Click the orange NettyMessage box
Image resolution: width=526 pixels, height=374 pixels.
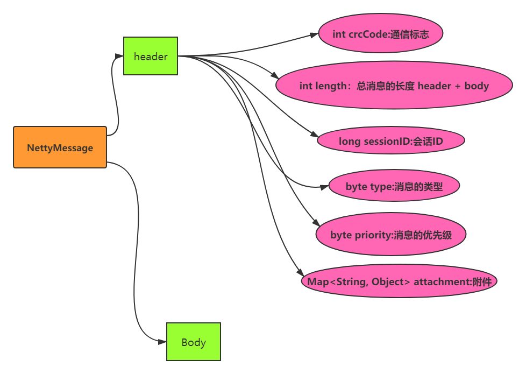[60, 147]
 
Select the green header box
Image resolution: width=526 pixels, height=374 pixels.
[151, 56]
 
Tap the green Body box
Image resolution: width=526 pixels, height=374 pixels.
[194, 342]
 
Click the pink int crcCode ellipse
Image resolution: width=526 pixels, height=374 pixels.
[380, 34]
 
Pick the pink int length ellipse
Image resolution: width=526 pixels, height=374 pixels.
[394, 86]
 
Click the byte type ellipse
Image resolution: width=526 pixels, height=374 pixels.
[394, 187]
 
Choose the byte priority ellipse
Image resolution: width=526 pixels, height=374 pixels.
[390, 235]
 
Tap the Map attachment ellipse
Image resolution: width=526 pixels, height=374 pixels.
[399, 281]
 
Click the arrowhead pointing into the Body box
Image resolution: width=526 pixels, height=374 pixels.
[162, 342]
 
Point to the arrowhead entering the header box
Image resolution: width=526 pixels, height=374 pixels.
[119, 55]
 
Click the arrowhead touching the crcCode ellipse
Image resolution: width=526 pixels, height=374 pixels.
[314, 34]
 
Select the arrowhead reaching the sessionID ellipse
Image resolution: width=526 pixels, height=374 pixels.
[313, 138]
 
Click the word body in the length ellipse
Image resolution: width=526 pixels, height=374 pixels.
[477, 86]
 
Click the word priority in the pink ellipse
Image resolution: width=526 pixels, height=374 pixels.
[373, 235]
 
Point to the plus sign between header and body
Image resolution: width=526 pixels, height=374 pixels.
[457, 86]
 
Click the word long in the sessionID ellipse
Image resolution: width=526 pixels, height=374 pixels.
[348, 142]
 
